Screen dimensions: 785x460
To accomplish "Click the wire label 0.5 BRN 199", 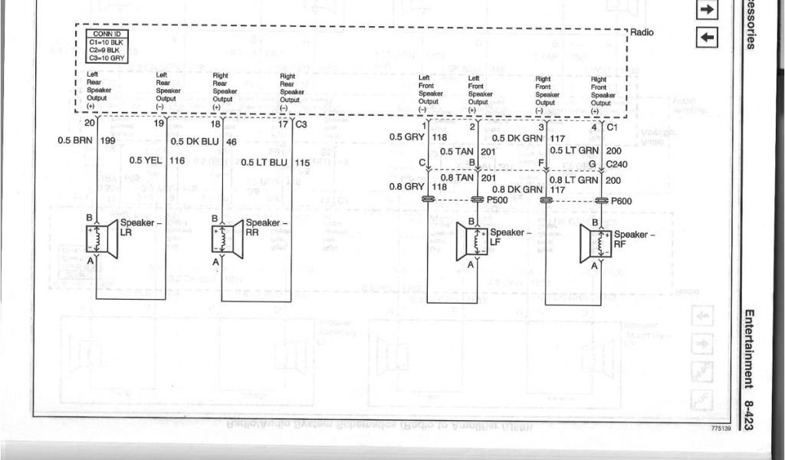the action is click(86, 140).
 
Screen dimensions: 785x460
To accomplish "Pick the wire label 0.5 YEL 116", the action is click(157, 160).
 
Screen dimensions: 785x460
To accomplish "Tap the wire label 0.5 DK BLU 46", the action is click(203, 141).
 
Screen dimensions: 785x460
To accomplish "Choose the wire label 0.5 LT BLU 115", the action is click(275, 163).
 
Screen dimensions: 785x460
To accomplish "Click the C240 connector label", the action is click(617, 164).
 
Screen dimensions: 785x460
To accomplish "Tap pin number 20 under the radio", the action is click(90, 123).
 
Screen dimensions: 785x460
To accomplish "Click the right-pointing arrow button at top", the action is click(706, 9).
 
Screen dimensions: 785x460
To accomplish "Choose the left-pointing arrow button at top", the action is click(706, 36).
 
